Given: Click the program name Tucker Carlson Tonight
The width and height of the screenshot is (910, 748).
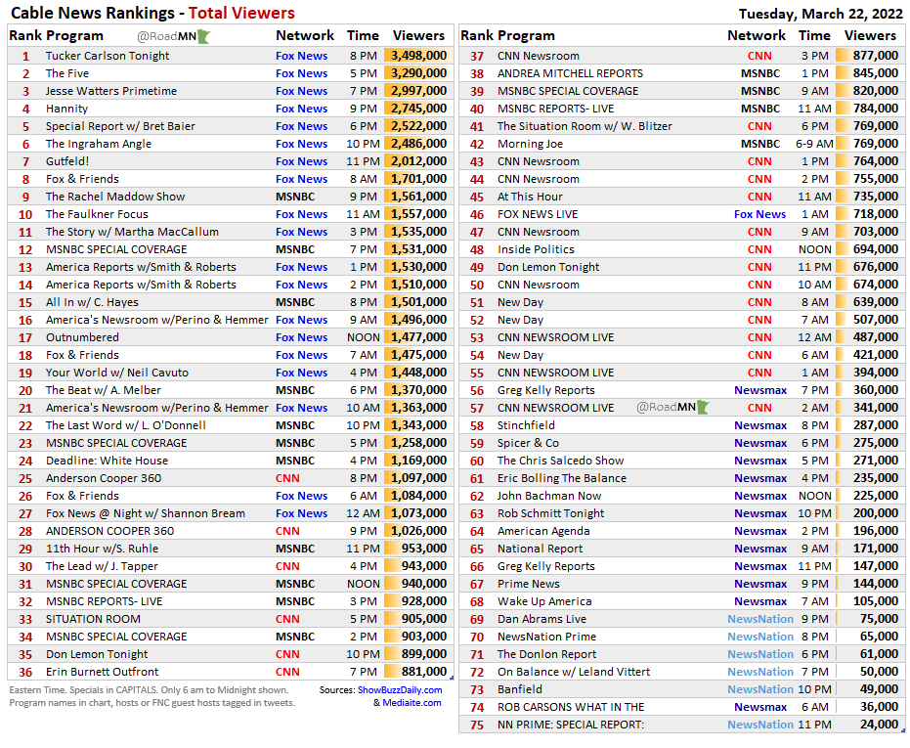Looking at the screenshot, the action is pyautogui.click(x=108, y=56).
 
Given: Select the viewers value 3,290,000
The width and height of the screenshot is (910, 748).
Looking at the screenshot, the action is pyautogui.click(x=418, y=73).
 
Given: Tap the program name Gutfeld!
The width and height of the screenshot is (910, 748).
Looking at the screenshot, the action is pyautogui.click(x=67, y=161).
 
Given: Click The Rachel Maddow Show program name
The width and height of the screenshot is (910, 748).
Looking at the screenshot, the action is pyautogui.click(x=115, y=197).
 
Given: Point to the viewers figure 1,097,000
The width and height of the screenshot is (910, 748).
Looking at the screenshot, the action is pyautogui.click(x=418, y=478).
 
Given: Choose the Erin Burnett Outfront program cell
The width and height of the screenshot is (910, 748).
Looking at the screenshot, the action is pyautogui.click(x=102, y=672).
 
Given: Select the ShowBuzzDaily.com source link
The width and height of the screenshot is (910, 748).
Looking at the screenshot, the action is pyautogui.click(x=399, y=689).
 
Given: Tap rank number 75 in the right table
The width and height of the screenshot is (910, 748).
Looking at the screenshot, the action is pyautogui.click(x=477, y=725).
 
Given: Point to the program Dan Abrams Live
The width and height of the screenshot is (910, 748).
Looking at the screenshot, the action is pyautogui.click(x=542, y=619).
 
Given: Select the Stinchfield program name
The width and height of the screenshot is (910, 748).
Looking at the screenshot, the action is pyautogui.click(x=526, y=425).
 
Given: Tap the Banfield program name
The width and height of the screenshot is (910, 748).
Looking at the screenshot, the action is pyautogui.click(x=520, y=689).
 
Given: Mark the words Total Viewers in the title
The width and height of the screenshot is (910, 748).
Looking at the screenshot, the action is pyautogui.click(x=240, y=14).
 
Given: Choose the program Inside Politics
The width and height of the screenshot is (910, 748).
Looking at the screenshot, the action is pyautogui.click(x=536, y=249).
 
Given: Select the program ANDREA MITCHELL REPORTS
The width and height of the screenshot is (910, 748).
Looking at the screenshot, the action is pyautogui.click(x=570, y=73).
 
